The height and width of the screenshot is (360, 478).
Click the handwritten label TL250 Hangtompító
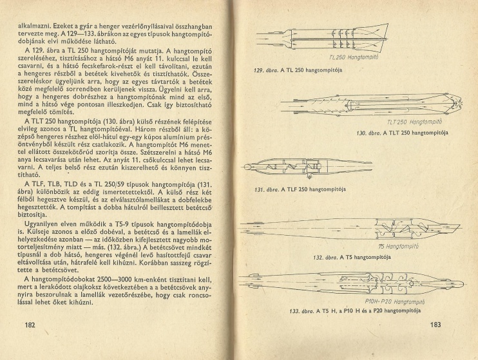coord(362,57)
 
